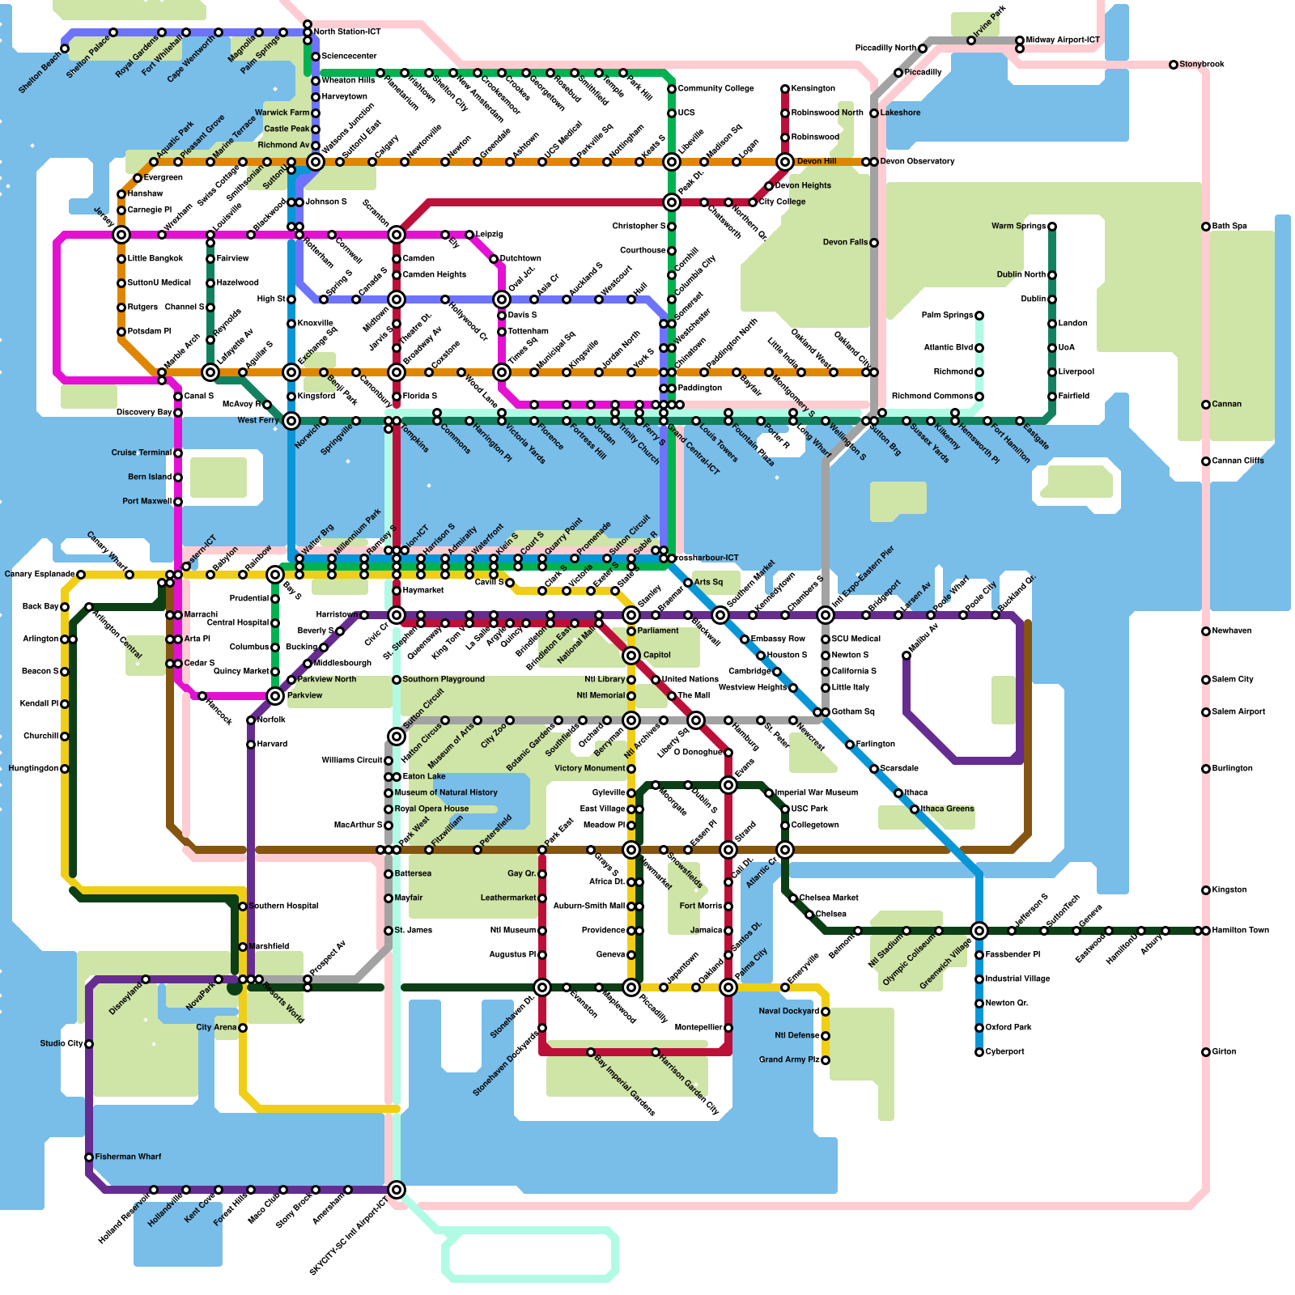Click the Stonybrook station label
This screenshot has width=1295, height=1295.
point(1202,64)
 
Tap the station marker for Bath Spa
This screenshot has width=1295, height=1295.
point(1206,227)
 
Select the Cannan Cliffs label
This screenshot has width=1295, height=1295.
point(1238,461)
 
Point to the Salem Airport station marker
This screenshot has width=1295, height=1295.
point(1206,712)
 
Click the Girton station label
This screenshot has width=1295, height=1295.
point(1224,1051)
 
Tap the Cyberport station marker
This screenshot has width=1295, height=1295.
point(979,1052)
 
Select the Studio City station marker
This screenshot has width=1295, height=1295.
point(89,1044)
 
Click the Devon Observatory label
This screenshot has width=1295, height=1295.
point(917,161)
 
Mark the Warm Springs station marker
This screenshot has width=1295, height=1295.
point(1052,227)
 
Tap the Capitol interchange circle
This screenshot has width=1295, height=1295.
point(631,656)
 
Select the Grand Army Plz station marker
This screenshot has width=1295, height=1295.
point(826,1060)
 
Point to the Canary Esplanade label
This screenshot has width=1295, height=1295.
point(40,574)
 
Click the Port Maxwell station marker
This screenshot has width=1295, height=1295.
point(178,502)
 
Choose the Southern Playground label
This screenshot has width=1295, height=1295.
point(444,679)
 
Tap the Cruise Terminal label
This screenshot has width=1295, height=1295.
point(142,452)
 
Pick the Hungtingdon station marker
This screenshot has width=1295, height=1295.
point(65,769)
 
